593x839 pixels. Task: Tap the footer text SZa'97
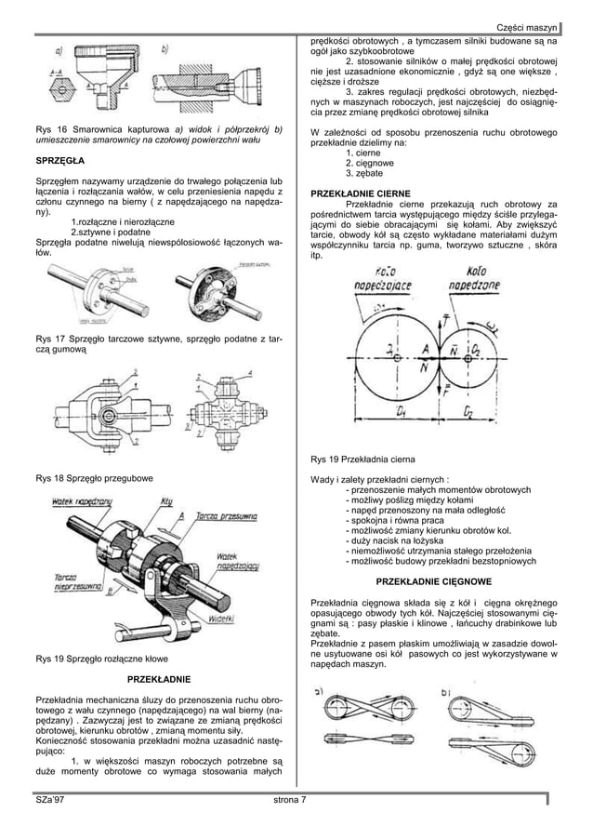(49, 799)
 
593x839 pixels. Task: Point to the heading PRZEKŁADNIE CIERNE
(362, 193)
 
